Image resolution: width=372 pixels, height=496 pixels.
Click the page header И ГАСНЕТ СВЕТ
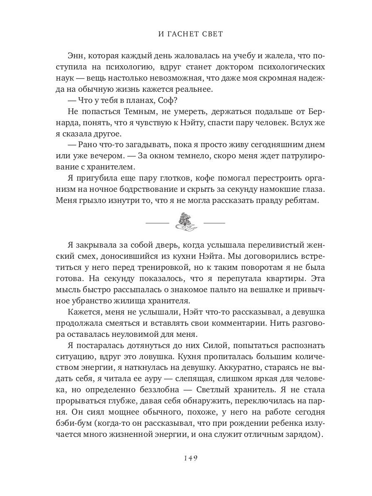pyautogui.click(x=191, y=34)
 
